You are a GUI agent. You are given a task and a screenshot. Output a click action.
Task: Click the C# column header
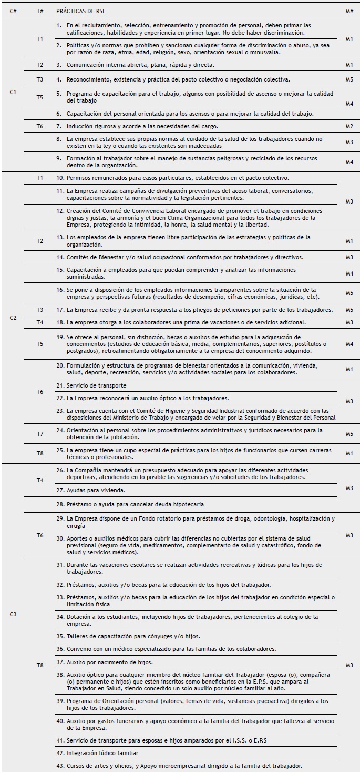[13, 10]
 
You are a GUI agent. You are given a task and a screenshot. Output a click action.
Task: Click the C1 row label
[13, 93]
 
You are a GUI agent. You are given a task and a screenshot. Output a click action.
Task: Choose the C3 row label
[13, 614]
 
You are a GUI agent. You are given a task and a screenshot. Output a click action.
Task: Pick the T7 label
[40, 434]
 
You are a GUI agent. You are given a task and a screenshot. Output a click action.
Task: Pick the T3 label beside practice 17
[40, 310]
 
